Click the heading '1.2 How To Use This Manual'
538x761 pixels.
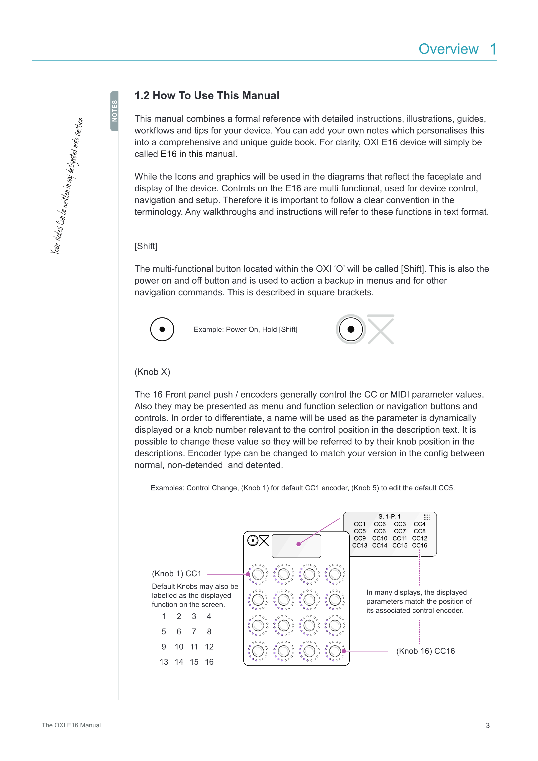207,95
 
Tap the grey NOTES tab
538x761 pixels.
114,111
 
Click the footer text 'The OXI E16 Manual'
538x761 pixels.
71,725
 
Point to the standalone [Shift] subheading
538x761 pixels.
146,246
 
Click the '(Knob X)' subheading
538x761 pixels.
152,372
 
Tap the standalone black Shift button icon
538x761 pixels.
162,329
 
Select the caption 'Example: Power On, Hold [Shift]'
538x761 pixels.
246,329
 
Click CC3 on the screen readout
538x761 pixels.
400,524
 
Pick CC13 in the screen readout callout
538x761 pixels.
359,546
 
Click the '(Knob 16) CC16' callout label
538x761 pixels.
425,651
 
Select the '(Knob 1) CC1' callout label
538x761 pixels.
177,574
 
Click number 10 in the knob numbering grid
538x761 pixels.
179,647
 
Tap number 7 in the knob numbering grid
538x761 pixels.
194,631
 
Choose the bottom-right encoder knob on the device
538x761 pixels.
335,651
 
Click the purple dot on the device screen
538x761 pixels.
299,544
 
